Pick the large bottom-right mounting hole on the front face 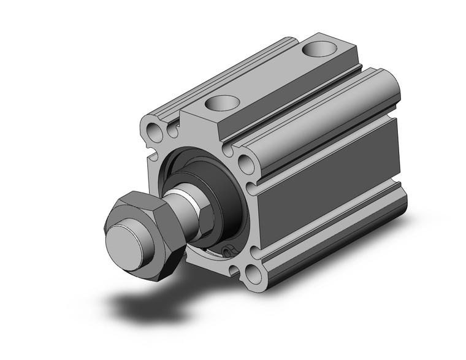[x=253, y=272]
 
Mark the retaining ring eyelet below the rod [x=228, y=251]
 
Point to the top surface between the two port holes [x=270, y=77]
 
